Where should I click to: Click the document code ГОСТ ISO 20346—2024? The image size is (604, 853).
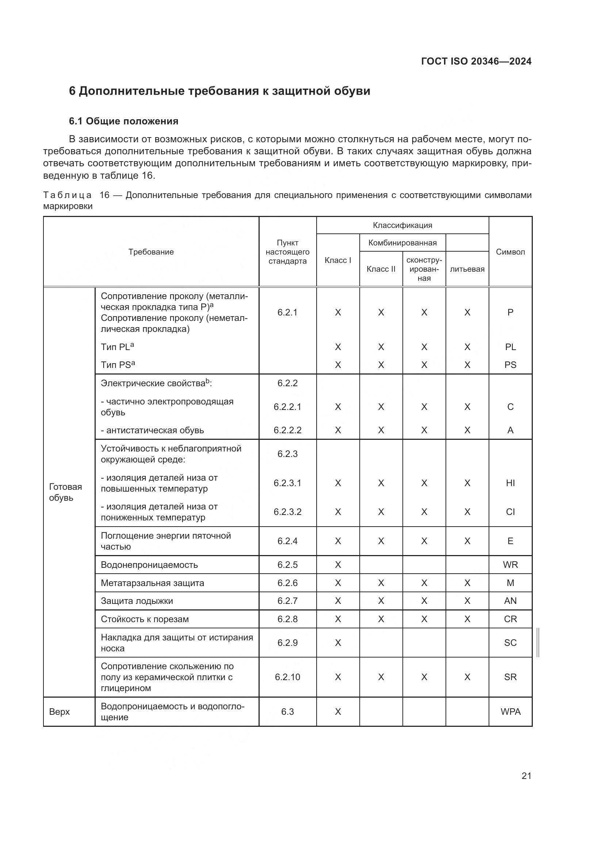[476, 61]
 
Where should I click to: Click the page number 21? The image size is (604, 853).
[526, 776]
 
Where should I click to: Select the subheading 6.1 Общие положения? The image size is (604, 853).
[123, 121]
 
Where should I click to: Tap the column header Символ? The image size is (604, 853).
[510, 252]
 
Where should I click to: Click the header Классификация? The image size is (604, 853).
[402, 225]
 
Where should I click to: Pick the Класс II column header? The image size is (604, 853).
[381, 269]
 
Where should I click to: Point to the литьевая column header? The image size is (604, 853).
[467, 269]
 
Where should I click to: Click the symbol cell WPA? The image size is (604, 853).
[510, 712]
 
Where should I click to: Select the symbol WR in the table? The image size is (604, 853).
[510, 565]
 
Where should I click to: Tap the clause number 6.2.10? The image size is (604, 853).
[287, 677]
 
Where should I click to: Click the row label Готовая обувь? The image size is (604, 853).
[65, 492]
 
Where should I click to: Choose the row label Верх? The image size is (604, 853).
[60, 712]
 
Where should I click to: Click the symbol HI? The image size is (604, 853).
[510, 483]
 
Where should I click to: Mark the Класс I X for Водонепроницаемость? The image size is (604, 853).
[338, 565]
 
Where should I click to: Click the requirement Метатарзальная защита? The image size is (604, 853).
[153, 583]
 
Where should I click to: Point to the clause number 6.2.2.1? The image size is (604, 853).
[287, 407]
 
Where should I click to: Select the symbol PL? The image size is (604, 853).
[510, 347]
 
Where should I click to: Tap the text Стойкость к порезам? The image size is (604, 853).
[145, 619]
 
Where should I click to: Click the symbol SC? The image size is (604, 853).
[510, 643]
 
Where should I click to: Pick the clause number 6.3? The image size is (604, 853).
[287, 712]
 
